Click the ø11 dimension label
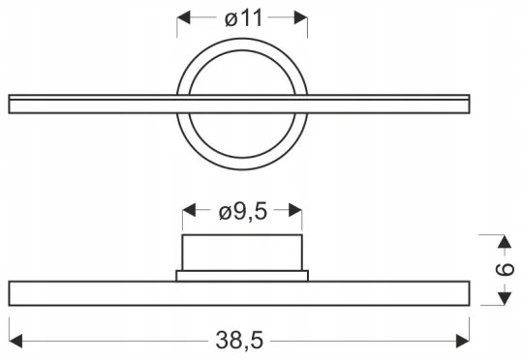(243, 17)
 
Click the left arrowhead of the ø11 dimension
(184, 17)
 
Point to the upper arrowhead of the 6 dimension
(505, 239)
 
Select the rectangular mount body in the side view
(243, 252)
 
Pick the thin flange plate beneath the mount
(243, 276)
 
